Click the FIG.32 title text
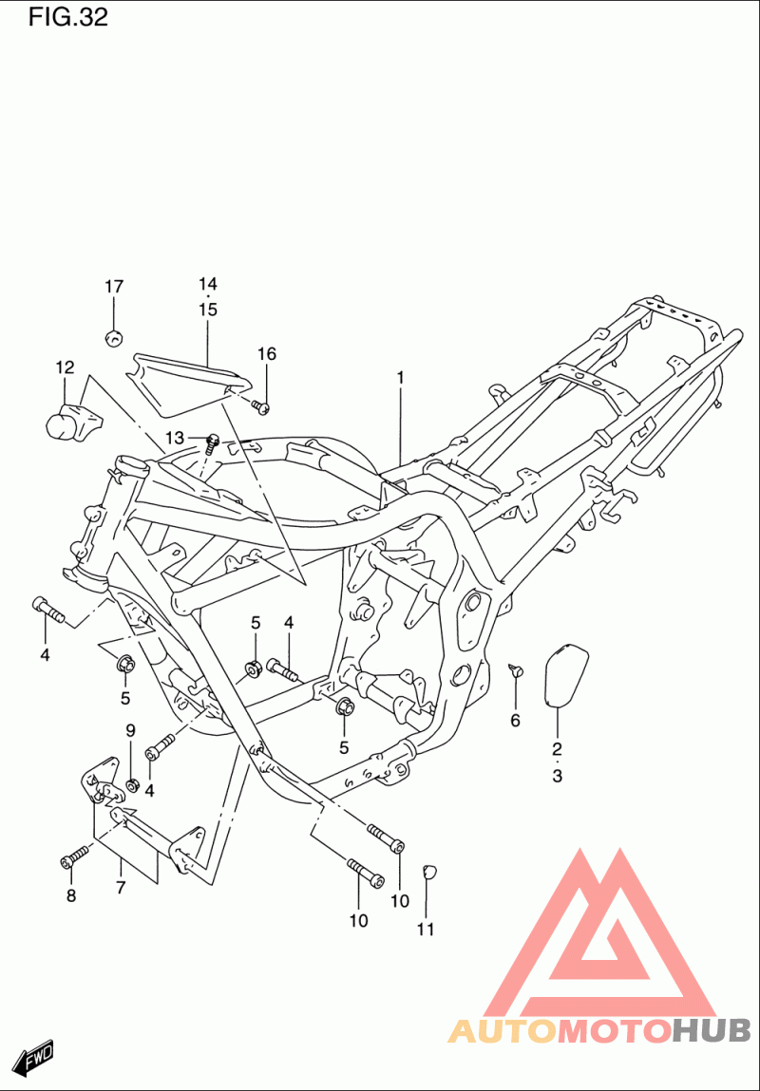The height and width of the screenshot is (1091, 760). [x=68, y=17]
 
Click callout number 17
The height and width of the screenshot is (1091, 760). [x=114, y=286]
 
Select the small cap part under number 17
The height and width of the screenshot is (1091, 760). [x=113, y=338]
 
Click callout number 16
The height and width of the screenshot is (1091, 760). [x=267, y=353]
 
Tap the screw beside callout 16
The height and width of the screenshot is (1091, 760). [x=261, y=406]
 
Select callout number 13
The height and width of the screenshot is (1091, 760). [x=176, y=438]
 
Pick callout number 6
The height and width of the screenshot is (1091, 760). [x=515, y=721]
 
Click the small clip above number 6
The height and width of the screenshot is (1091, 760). [x=516, y=670]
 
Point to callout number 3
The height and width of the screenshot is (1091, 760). [x=557, y=776]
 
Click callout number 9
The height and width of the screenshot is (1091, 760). [x=131, y=730]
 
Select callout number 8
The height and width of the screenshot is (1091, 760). [x=70, y=896]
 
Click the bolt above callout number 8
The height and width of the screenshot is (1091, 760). [x=75, y=856]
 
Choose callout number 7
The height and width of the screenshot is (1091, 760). [x=121, y=887]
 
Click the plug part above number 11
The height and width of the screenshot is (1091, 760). [x=429, y=870]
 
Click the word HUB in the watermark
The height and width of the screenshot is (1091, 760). [x=712, y=1030]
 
